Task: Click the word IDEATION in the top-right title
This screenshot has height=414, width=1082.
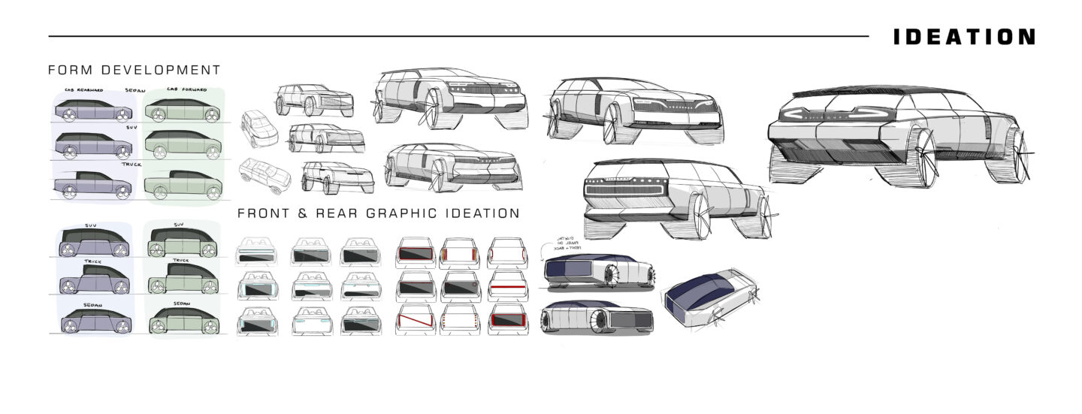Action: [964, 37]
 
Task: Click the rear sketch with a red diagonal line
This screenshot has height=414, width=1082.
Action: [416, 321]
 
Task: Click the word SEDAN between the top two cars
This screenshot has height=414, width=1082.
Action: [136, 90]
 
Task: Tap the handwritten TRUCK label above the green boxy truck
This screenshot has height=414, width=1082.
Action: [180, 261]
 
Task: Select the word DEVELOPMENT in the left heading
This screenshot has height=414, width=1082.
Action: [160, 71]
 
